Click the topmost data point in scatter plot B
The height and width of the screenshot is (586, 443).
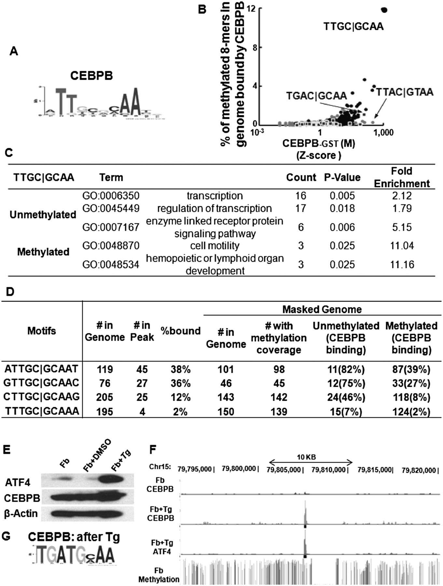tap(384, 10)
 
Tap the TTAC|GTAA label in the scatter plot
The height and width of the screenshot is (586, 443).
tap(405, 92)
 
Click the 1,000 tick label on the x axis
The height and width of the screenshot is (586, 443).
tap(383, 132)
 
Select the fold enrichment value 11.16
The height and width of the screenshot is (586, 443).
tap(402, 264)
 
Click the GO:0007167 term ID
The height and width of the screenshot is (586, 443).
tap(111, 227)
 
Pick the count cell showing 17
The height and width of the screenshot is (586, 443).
tap(300, 208)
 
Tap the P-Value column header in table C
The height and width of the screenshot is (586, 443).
tap(342, 177)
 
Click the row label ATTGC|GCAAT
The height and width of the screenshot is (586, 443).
tap(42, 369)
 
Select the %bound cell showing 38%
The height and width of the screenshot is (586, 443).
tap(181, 370)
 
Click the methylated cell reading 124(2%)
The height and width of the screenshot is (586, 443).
tap(411, 412)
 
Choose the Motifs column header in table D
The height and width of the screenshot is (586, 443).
tap(41, 331)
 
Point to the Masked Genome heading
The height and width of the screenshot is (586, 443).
tap(322, 309)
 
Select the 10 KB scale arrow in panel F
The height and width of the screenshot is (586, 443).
tap(311, 462)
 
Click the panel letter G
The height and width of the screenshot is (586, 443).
tap(6, 536)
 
